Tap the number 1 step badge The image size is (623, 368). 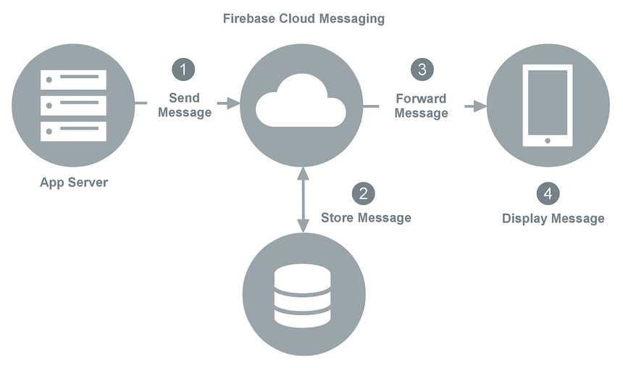point(183,70)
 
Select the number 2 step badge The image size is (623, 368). point(364,193)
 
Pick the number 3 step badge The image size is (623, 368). point(422,70)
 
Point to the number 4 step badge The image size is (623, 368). point(548,193)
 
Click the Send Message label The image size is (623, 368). point(184,105)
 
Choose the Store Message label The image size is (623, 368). point(366,218)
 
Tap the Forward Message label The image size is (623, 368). point(421,106)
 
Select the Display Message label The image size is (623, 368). point(553,219)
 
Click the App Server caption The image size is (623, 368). point(74,183)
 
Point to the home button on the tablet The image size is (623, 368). point(547,140)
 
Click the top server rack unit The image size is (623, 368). point(74,80)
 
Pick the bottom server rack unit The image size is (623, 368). point(74,131)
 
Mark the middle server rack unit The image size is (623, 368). point(74,106)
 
